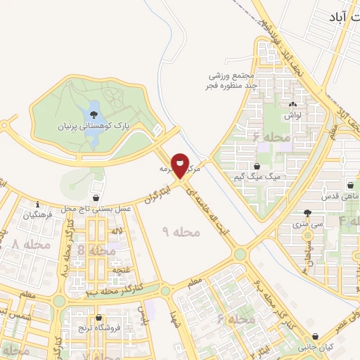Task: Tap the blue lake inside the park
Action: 92,113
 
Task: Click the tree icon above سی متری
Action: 307,214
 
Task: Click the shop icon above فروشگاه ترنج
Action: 101,318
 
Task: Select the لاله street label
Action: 117,231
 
